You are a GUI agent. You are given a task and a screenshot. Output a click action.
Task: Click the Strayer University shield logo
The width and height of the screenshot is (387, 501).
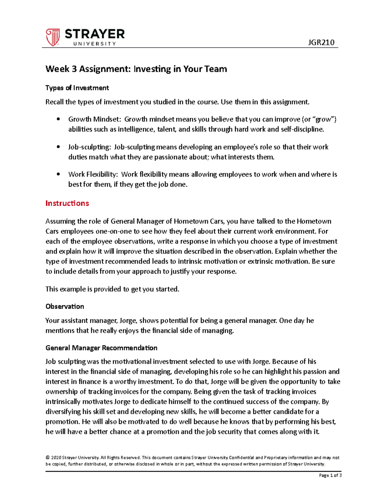coord(53,37)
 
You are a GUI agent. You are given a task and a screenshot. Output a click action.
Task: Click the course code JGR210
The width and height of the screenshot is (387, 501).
coord(321,42)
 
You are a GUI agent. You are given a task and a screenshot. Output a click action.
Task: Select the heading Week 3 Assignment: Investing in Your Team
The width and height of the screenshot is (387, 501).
coord(136,69)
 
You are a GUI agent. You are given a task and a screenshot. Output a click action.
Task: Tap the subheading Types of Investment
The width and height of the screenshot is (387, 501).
coord(77,88)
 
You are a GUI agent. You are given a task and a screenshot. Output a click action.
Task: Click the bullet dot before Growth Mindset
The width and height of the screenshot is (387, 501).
coord(58,119)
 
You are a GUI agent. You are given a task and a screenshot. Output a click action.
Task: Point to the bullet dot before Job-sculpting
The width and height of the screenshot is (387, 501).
coord(58,147)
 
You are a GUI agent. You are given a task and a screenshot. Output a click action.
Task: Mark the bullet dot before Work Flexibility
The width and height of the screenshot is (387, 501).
coord(58,174)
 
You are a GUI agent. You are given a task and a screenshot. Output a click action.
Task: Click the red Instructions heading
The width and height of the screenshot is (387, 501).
coord(67,203)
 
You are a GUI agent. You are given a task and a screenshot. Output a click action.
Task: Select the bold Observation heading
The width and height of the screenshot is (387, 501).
coord(64,306)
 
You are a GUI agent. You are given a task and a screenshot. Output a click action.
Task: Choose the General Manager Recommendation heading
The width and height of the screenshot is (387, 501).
coord(101,348)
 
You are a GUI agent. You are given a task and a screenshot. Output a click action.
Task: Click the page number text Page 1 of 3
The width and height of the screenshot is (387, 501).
coord(330,475)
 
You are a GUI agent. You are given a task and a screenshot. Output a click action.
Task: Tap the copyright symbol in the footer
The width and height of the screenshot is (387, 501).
coord(47,457)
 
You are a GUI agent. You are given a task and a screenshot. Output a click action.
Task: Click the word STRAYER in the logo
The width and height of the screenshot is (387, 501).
coord(94,34)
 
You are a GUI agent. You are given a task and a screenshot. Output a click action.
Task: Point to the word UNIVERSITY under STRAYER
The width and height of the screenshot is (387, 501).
coord(94,44)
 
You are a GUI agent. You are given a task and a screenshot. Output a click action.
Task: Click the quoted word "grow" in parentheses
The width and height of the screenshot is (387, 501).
coord(323,119)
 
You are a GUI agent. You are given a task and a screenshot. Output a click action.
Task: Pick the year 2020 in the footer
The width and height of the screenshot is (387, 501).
coord(56,457)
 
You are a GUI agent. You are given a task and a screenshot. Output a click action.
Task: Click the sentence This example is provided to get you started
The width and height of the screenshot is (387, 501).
coord(112,289)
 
